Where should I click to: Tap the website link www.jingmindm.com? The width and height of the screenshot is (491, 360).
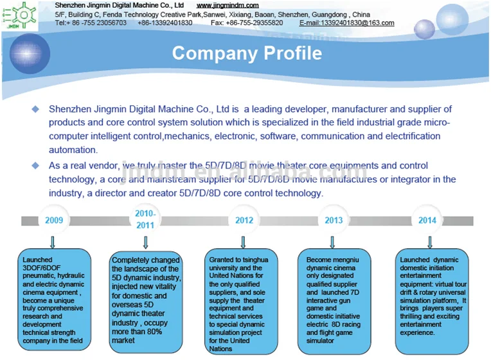(228, 5)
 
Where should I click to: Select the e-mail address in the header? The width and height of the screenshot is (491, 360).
(346, 23)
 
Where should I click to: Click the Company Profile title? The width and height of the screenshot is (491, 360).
(247, 53)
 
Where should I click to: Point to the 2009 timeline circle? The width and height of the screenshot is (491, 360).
(54, 220)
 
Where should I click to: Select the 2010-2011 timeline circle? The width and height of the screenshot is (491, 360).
(145, 219)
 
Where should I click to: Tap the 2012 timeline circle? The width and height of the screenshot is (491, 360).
(244, 220)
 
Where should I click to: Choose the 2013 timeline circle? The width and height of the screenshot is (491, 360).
(334, 220)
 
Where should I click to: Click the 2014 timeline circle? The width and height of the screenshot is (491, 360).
(427, 220)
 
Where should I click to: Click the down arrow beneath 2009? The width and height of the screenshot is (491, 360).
(53, 242)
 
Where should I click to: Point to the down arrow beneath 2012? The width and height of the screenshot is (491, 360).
(243, 242)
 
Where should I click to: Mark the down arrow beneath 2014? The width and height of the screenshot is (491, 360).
(430, 242)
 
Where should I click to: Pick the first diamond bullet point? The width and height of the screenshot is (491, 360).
(36, 109)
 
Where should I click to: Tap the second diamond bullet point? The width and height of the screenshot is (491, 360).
(36, 165)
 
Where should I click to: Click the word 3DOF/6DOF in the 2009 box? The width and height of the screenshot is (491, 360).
(42, 268)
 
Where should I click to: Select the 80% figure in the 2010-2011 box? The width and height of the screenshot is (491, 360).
(154, 332)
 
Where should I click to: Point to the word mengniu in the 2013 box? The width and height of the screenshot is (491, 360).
(346, 260)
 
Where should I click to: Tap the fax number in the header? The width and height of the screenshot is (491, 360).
(247, 23)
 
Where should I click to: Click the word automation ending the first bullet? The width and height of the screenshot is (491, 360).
(73, 150)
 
